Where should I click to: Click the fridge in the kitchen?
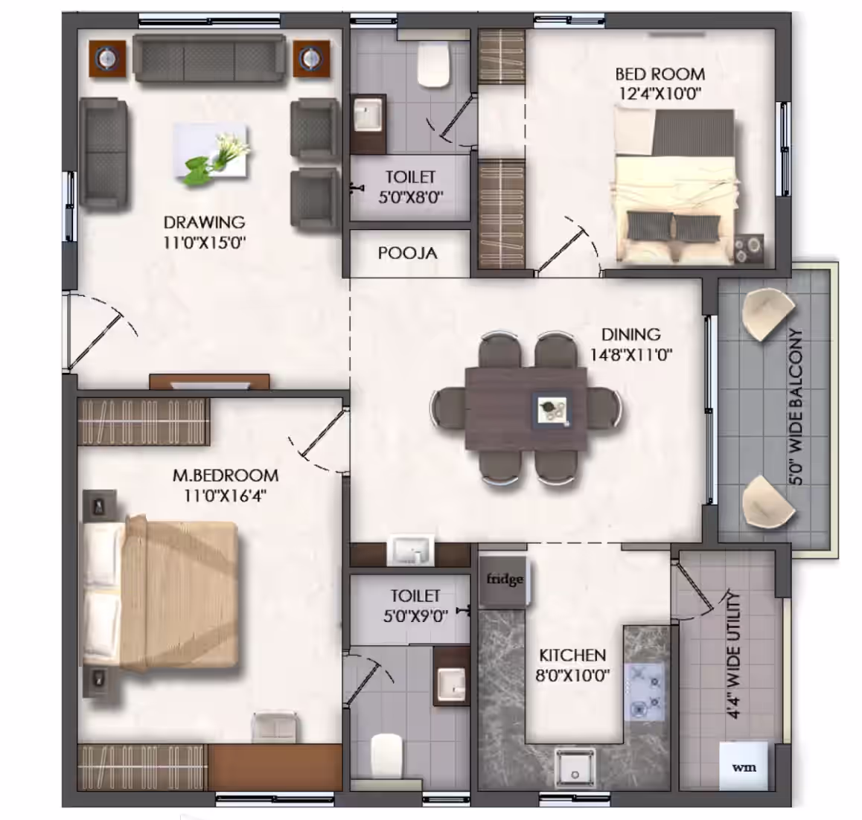[503, 581]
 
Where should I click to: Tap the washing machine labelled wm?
[743, 766]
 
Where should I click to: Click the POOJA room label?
[407, 253]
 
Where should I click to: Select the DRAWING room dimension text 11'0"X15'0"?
[204, 243]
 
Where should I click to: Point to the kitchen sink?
[575, 768]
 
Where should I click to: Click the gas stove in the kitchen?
[644, 691]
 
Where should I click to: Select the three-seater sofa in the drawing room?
[209, 58]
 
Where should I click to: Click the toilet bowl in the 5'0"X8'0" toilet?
[433, 64]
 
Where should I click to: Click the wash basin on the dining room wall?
[410, 550]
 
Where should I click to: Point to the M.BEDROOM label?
[226, 475]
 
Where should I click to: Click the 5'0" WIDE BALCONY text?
[796, 407]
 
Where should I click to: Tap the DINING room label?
[630, 334]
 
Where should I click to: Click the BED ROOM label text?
[660, 74]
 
